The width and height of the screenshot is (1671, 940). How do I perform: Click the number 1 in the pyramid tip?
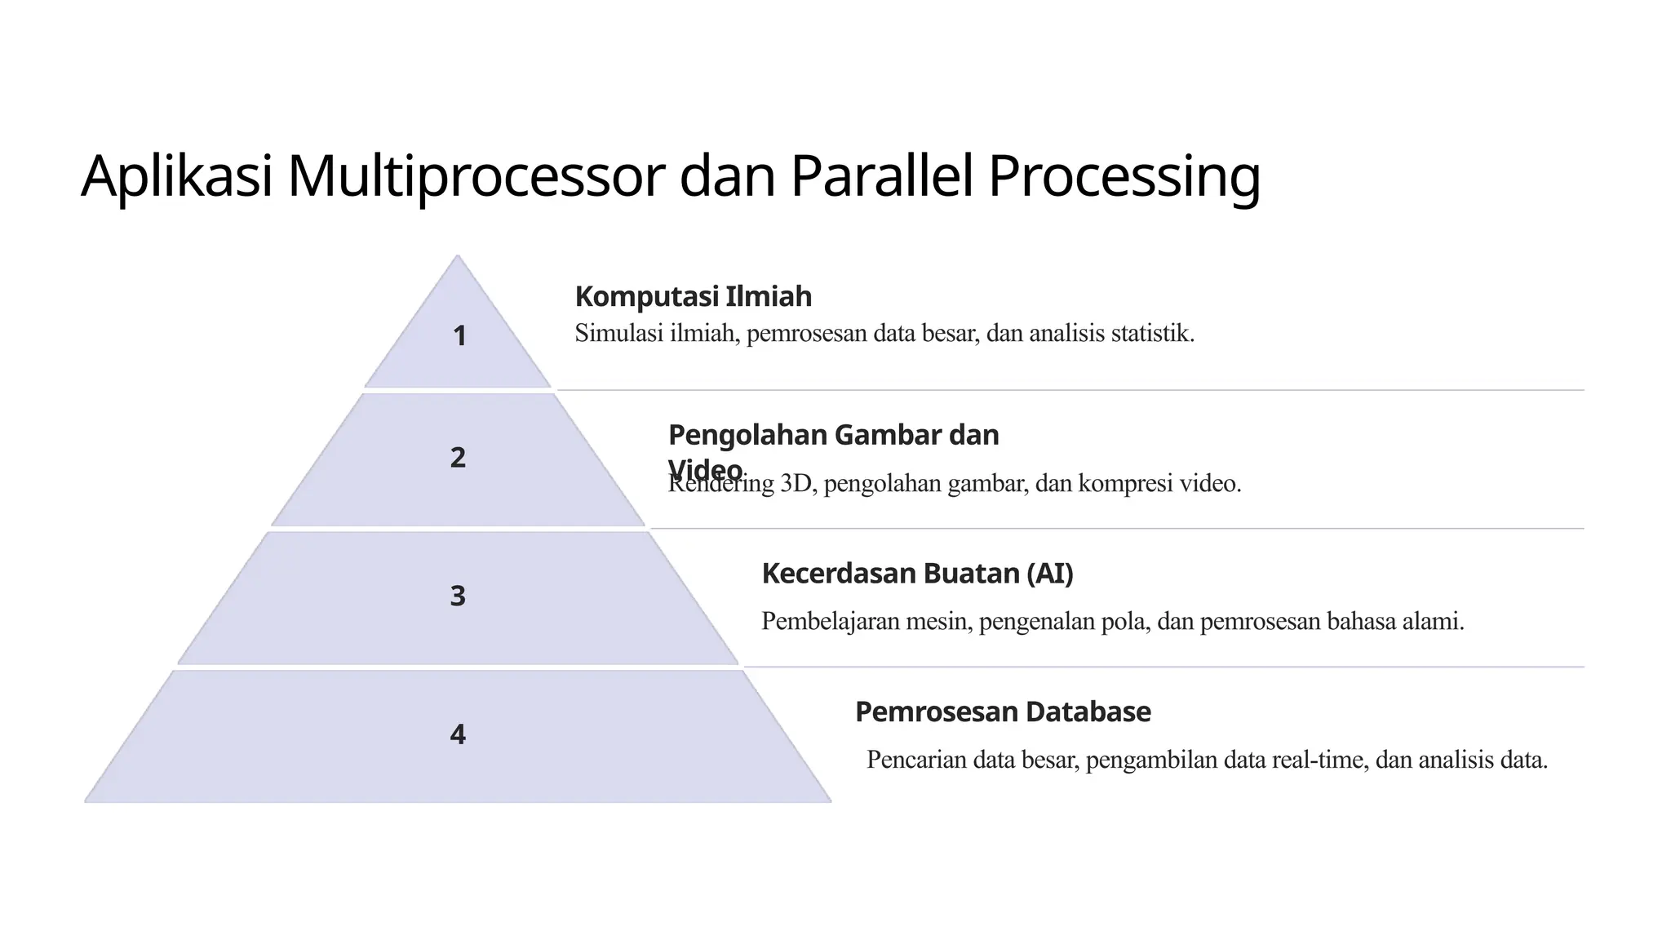point(459,336)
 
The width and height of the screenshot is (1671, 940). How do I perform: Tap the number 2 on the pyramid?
point(458,458)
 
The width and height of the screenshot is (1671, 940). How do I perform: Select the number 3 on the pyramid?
point(458,596)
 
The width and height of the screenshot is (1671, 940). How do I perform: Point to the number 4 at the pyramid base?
point(458,734)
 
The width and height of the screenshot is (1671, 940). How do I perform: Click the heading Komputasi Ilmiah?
point(693,296)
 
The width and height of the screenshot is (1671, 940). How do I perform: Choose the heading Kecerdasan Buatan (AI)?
point(917,574)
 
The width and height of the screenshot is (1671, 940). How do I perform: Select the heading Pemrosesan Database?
point(1003,712)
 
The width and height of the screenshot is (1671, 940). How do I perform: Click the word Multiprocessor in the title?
point(476,176)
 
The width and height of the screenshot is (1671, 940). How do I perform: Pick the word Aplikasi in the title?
point(176,176)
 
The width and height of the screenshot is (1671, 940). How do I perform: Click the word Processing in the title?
point(1124,178)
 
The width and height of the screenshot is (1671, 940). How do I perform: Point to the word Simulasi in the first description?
point(618,334)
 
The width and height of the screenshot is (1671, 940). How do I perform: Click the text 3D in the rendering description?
point(797,484)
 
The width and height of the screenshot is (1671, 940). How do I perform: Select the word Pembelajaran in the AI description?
point(825,622)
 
